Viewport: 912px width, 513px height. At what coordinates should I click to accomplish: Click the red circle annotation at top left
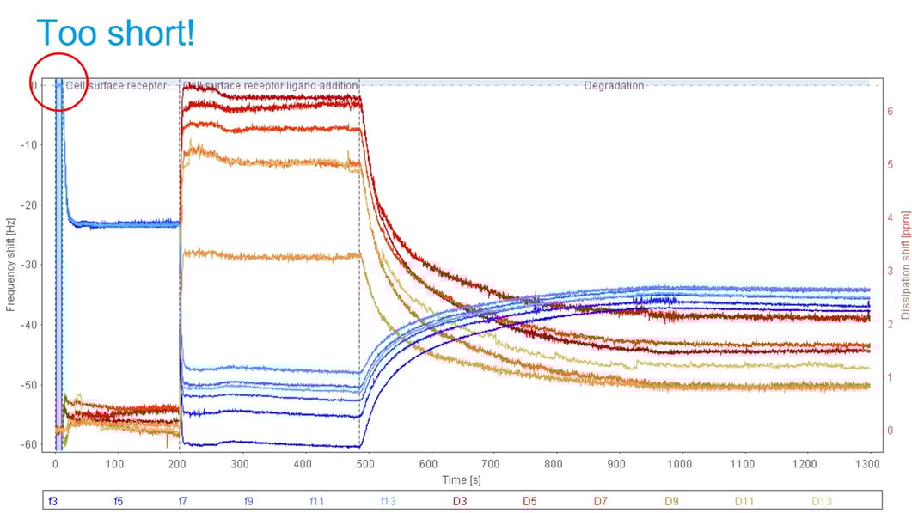tap(58, 82)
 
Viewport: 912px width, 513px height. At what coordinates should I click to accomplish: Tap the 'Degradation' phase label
tap(614, 86)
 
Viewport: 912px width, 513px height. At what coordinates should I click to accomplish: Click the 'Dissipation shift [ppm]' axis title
tap(904, 266)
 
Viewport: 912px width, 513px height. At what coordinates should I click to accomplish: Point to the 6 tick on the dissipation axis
tap(891, 111)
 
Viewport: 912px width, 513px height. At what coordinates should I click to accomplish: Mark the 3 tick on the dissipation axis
tap(891, 271)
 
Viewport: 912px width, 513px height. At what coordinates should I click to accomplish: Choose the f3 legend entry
tap(53, 499)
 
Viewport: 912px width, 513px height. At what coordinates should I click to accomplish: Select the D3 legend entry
tap(459, 499)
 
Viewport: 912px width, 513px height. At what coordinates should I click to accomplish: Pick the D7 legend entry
tap(599, 499)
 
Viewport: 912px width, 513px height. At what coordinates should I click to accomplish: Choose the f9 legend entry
tap(248, 499)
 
